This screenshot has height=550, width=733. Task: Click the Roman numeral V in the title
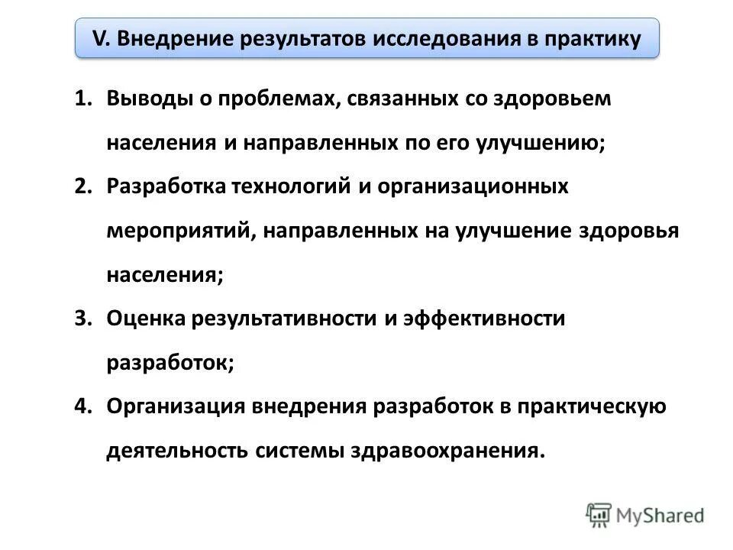tap(98, 39)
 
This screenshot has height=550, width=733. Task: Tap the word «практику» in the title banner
tap(593, 39)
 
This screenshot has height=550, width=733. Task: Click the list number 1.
tap(82, 100)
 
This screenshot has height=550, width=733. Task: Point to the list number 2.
tap(82, 187)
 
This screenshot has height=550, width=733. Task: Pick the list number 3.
tap(82, 319)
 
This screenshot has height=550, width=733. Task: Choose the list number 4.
tap(82, 406)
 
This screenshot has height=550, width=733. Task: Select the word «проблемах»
tap(274, 100)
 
